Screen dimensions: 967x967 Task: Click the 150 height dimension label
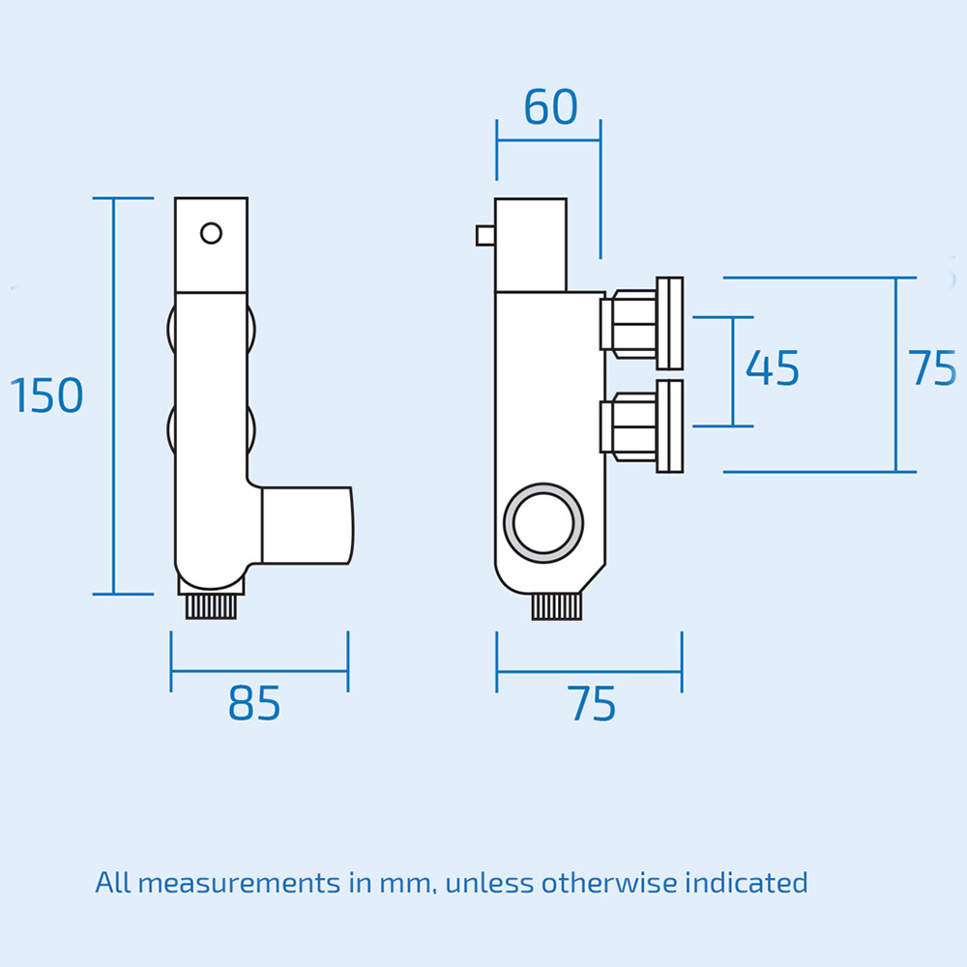coord(46,396)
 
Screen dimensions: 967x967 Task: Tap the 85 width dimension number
coord(254,704)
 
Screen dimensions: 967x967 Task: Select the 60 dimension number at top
coord(550,107)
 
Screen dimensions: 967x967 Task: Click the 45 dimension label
coord(773,368)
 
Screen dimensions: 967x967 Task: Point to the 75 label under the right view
coord(592,704)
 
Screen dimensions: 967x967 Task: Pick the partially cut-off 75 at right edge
coord(933,368)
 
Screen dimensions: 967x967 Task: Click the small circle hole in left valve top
coord(211,233)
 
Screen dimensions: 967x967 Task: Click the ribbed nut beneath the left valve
coord(211,607)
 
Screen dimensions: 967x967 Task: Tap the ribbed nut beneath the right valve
coord(556,607)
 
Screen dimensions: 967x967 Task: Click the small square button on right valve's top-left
coord(484,235)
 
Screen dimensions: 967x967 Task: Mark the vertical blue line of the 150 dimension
coord(114,396)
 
